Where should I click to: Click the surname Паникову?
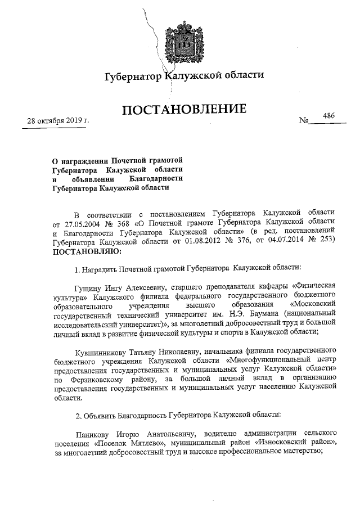pos(94,434)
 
